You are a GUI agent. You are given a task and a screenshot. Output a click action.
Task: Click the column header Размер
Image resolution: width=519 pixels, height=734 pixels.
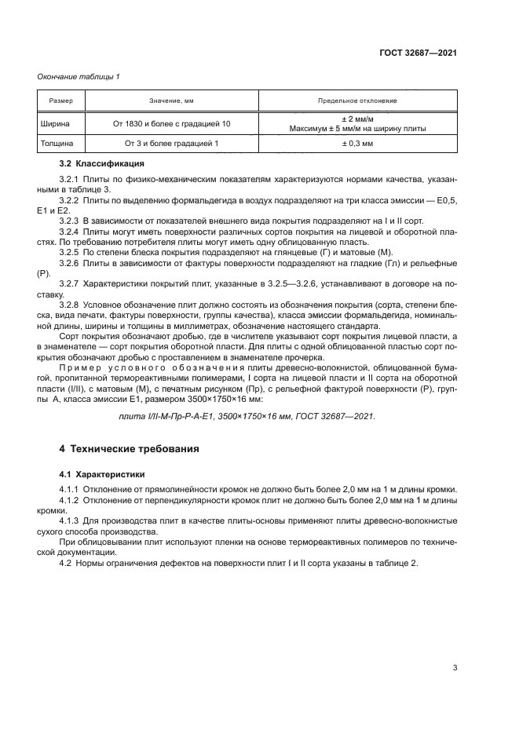61,101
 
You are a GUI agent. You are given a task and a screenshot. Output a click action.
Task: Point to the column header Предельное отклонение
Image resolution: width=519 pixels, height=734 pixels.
357,101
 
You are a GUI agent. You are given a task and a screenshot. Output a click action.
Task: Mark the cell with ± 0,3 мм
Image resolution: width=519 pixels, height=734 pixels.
357,144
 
